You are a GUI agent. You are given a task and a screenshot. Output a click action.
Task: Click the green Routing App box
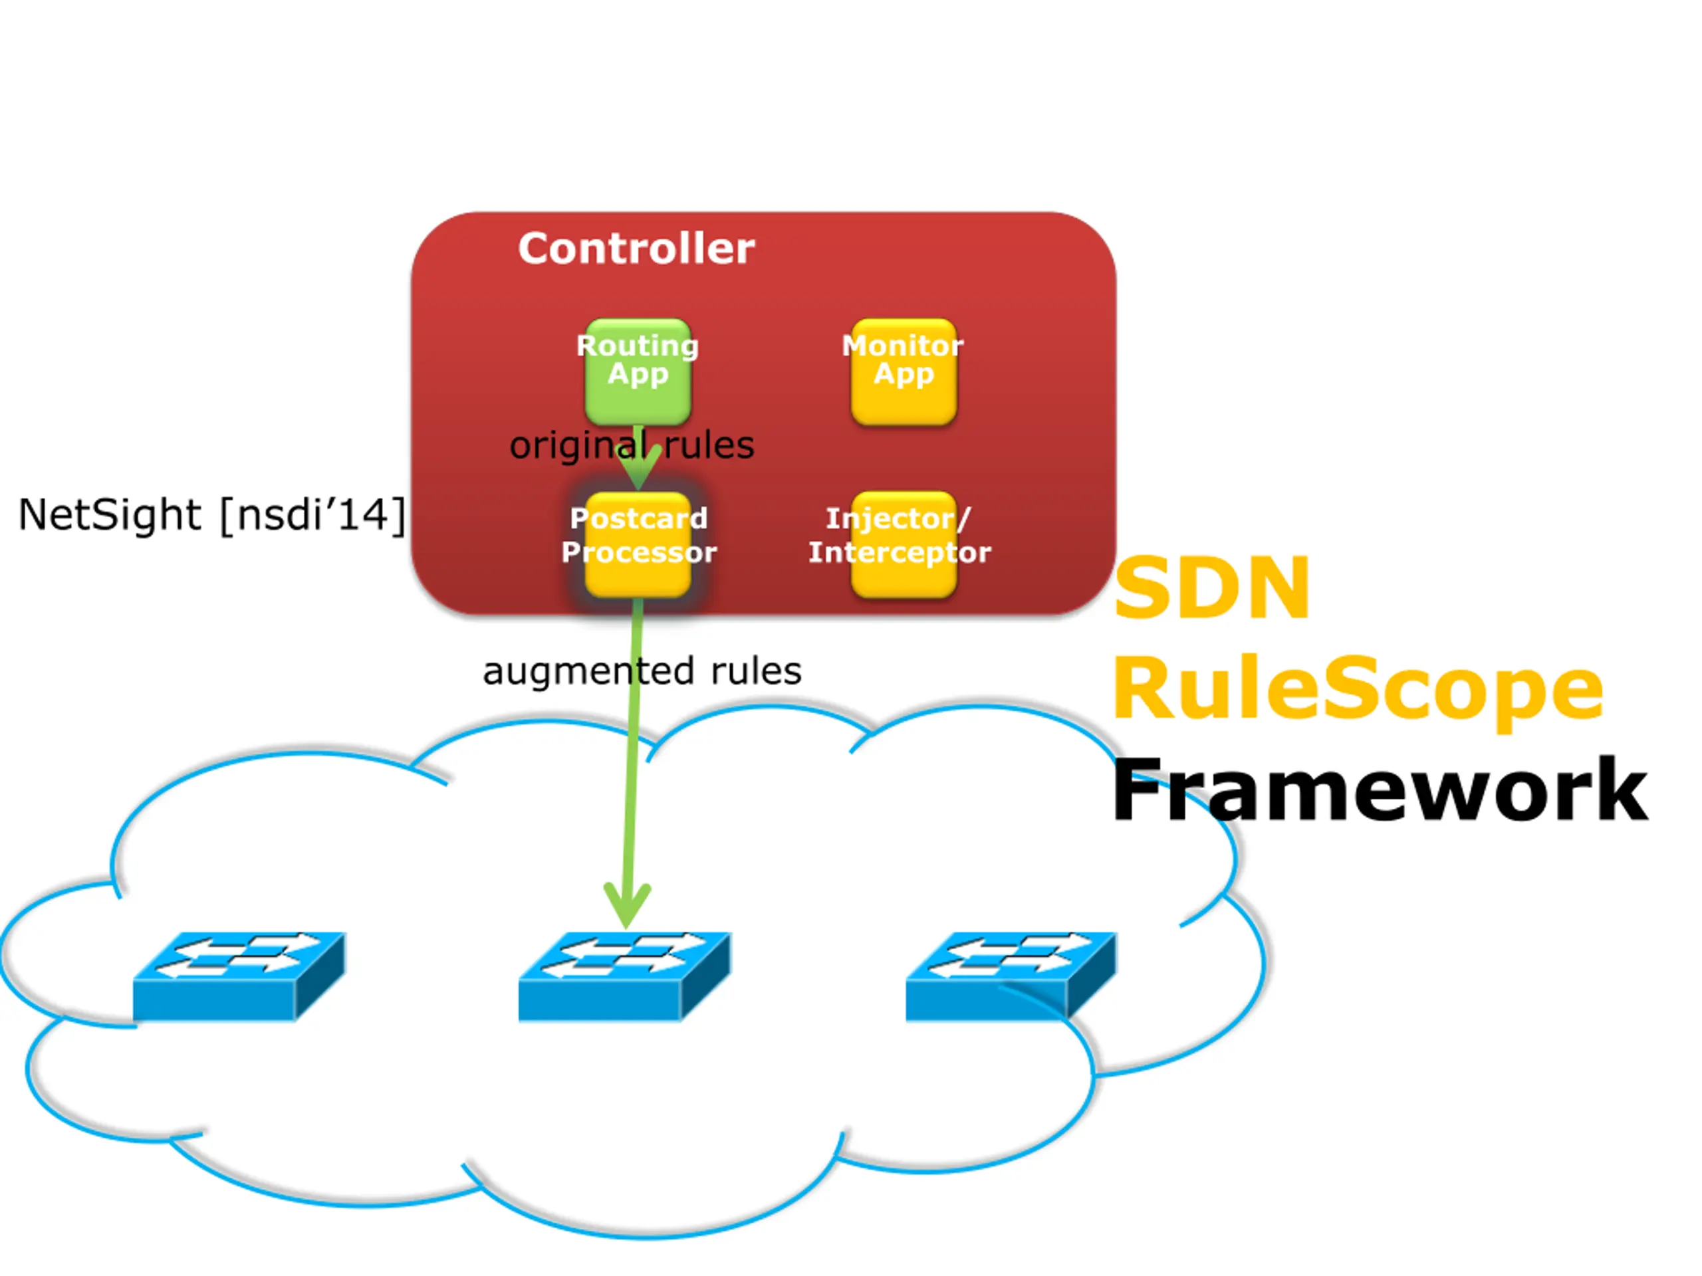click(x=638, y=372)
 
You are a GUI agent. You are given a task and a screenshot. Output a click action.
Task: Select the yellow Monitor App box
click(x=904, y=372)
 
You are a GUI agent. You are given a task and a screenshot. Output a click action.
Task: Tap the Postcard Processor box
click(x=638, y=544)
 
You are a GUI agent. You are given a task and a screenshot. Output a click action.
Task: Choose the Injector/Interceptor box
click(x=904, y=544)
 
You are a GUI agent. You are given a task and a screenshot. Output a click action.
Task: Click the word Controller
click(x=636, y=249)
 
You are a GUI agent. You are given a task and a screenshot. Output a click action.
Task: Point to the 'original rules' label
click(x=632, y=445)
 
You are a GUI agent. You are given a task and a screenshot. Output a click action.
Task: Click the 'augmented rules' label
click(x=642, y=671)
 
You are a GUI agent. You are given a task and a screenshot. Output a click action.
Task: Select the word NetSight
click(x=110, y=514)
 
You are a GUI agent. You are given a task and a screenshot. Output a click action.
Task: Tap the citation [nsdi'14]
click(x=312, y=514)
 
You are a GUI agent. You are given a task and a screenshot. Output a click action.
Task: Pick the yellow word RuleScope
click(x=1358, y=689)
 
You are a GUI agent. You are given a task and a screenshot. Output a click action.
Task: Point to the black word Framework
click(x=1380, y=790)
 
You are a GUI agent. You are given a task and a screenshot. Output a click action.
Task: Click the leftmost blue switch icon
click(x=239, y=976)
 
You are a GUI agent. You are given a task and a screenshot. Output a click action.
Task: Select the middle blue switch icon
click(x=625, y=976)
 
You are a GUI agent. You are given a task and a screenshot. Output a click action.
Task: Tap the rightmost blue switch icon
click(x=1011, y=976)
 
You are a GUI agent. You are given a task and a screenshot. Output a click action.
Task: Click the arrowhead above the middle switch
click(x=627, y=905)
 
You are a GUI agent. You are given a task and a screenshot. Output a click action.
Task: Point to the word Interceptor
click(x=900, y=553)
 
